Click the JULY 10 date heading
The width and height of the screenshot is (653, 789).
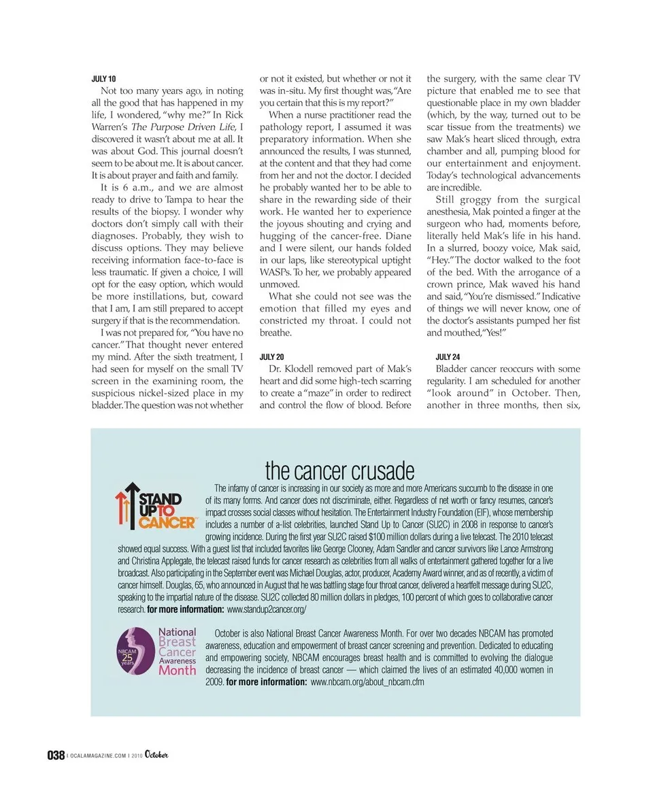(x=103, y=79)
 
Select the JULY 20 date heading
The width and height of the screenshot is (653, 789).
(x=272, y=356)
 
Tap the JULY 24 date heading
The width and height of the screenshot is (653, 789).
(x=448, y=356)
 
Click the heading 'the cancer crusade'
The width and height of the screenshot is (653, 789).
(x=339, y=470)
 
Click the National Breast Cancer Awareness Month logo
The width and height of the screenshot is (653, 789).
(x=157, y=651)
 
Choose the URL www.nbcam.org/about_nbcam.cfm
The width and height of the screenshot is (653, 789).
(x=367, y=682)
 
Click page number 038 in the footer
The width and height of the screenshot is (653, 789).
(x=56, y=755)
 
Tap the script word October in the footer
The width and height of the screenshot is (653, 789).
(x=156, y=754)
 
